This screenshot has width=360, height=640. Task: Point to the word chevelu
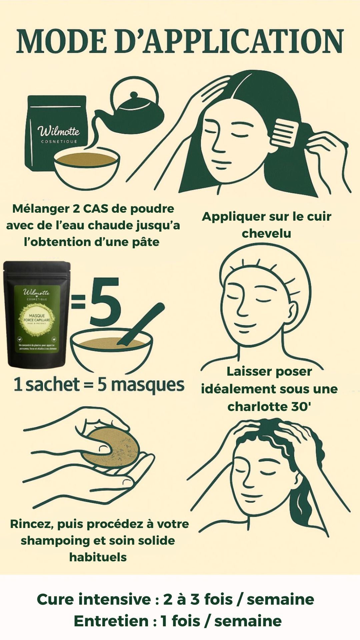[x=266, y=233]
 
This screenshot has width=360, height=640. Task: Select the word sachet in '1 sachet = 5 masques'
[x=53, y=385]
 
